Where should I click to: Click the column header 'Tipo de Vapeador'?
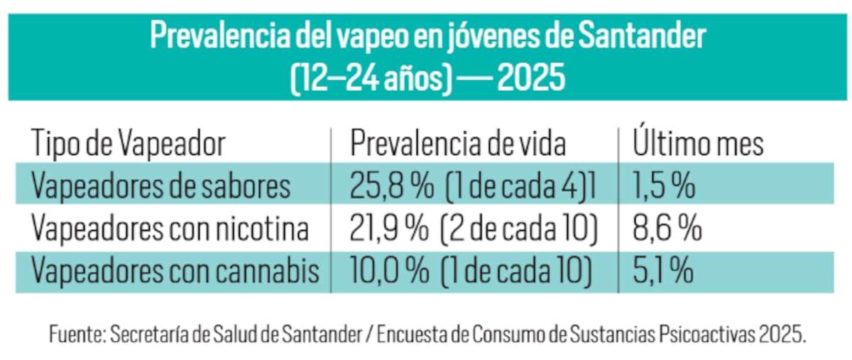tap(128, 144)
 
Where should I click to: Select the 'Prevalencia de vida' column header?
tap(458, 144)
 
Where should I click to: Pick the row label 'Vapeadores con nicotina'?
tap(170, 229)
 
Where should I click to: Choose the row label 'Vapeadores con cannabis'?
tap(175, 271)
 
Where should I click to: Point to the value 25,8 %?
tap(391, 186)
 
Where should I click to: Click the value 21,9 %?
tap(389, 229)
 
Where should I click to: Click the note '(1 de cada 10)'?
tap(516, 271)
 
